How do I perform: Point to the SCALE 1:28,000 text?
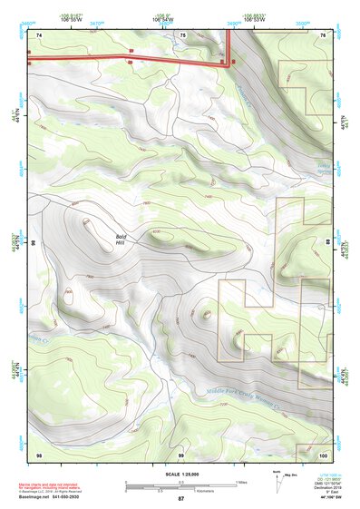180,474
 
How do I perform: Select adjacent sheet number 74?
40,34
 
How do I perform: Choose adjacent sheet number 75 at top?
182,34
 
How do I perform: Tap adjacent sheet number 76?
324,34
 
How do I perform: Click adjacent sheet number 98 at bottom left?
39,454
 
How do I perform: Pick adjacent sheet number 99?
181,454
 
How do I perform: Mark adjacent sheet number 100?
324,454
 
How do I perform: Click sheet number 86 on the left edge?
32,243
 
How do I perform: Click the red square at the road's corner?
234,62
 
